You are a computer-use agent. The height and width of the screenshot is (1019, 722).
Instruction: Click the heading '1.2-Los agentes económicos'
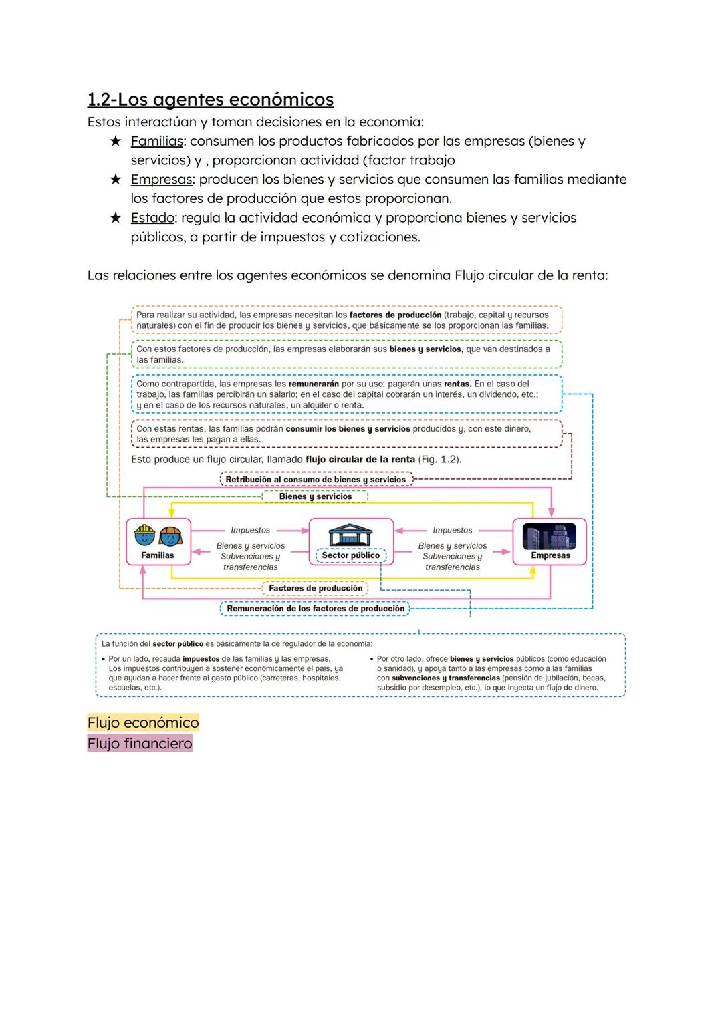(211, 99)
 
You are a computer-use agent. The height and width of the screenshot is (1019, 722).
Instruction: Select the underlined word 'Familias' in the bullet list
(156, 141)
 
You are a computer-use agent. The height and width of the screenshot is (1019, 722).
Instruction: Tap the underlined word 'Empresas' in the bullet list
(161, 179)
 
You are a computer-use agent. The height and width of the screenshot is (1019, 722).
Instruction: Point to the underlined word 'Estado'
(152, 218)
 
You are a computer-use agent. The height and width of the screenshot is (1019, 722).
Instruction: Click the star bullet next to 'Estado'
(116, 218)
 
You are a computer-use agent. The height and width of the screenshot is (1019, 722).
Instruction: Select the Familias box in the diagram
(158, 541)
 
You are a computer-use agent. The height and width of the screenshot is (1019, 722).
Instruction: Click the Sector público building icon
(351, 535)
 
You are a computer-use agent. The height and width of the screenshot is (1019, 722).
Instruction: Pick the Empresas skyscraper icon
(550, 536)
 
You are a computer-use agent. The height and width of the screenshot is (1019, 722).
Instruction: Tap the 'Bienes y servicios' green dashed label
(315, 496)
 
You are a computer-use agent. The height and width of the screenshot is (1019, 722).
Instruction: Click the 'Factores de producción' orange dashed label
(315, 589)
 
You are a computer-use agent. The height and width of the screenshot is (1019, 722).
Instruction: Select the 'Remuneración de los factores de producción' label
(315, 609)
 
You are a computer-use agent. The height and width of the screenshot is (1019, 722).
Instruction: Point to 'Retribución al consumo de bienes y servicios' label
(316, 480)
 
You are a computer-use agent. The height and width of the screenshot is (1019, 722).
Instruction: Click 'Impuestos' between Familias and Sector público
(250, 530)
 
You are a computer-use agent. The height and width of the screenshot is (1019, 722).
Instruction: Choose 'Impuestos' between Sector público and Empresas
(452, 530)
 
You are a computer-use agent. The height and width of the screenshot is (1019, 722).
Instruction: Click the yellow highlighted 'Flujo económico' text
(143, 722)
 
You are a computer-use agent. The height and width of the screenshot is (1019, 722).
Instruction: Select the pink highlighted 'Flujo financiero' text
(140, 744)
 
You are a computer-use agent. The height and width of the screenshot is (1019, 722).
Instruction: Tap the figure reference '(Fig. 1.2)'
(439, 460)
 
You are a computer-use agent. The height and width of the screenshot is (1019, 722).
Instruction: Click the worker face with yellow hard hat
(144, 535)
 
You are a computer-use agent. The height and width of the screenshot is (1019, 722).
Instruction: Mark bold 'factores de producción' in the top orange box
(395, 315)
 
